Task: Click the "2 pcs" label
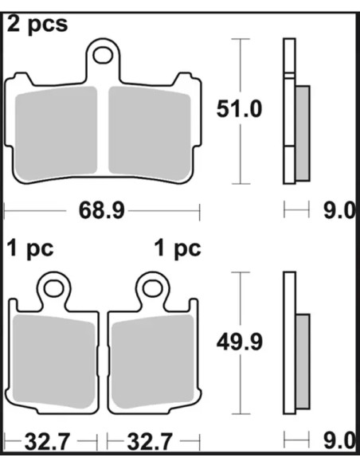click(37, 25)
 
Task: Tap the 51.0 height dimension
click(239, 109)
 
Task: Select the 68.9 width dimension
click(101, 211)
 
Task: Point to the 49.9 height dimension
click(239, 342)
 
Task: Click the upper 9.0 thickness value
click(338, 211)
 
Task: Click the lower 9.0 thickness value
click(338, 441)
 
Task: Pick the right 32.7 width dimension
click(150, 442)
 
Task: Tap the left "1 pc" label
click(30, 248)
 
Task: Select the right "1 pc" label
click(178, 248)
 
